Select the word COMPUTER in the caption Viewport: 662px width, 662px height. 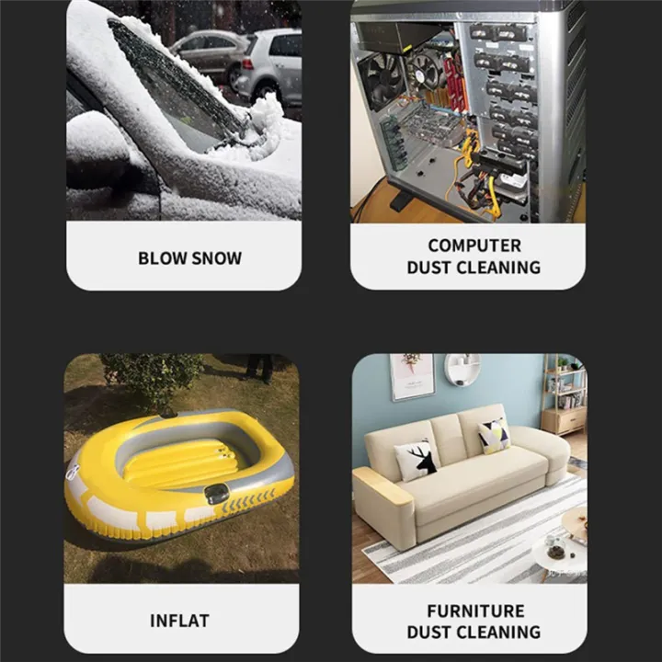click(x=474, y=245)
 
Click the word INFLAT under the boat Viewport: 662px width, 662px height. click(x=179, y=621)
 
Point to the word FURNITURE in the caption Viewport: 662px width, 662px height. click(x=476, y=611)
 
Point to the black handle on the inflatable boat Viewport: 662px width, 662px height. click(x=216, y=494)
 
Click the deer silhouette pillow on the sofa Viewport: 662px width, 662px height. click(x=417, y=460)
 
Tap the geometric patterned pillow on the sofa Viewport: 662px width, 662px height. click(x=494, y=436)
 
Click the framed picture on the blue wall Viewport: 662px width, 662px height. click(x=412, y=377)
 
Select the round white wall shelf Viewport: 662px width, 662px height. click(x=462, y=370)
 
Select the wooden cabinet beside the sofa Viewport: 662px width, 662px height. click(x=564, y=420)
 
